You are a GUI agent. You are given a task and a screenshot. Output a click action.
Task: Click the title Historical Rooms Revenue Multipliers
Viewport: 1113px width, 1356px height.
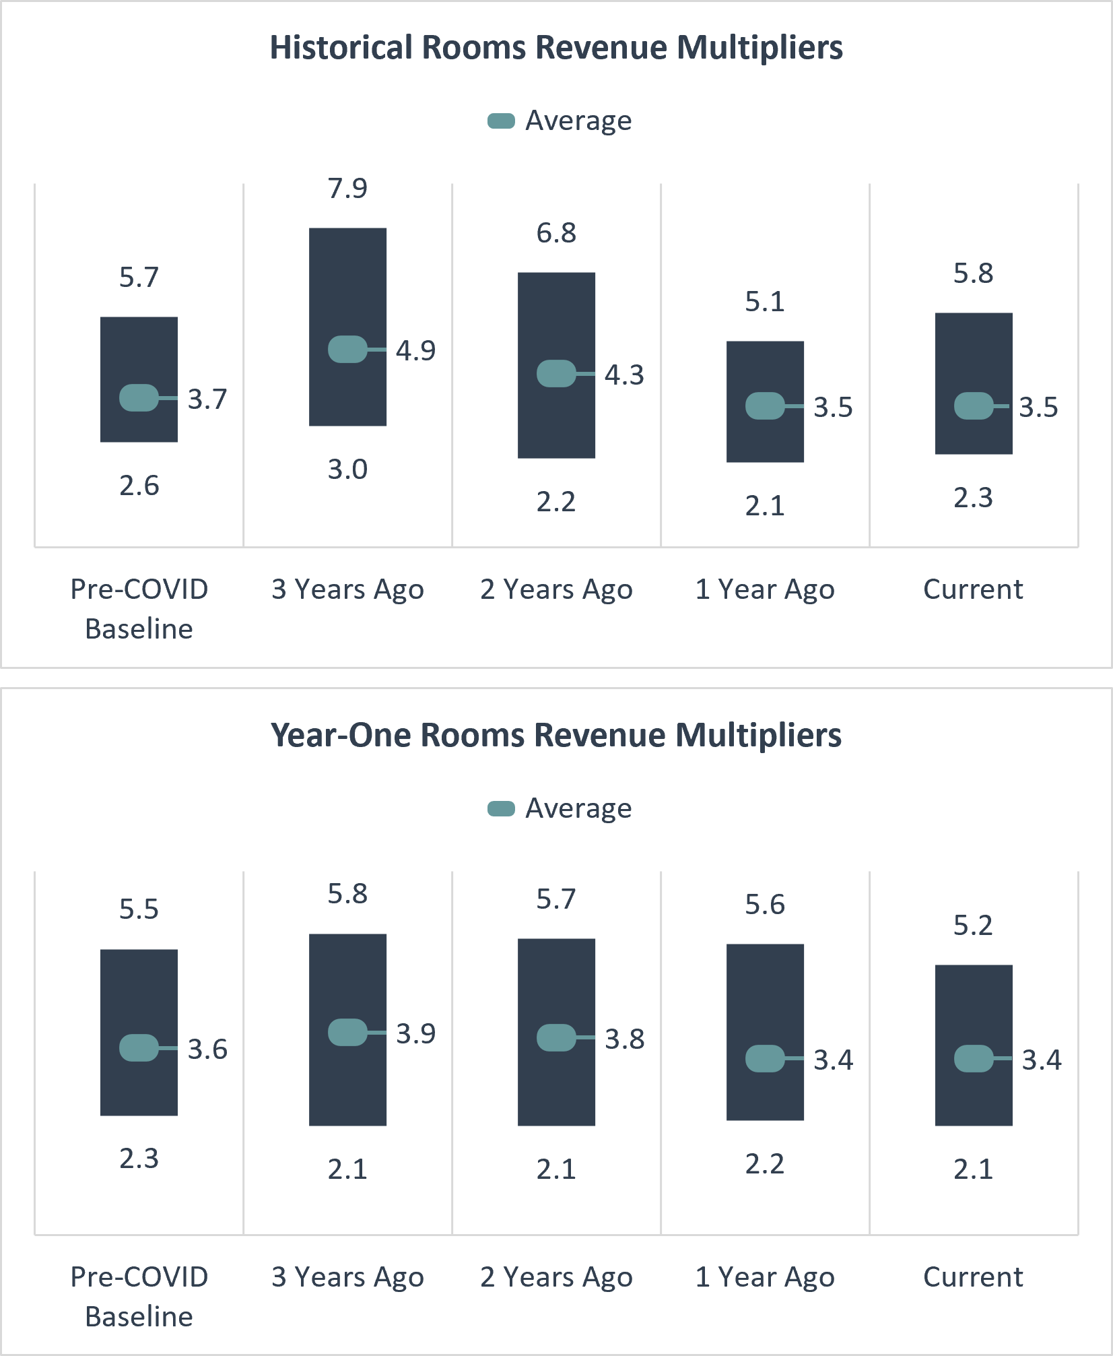(x=556, y=48)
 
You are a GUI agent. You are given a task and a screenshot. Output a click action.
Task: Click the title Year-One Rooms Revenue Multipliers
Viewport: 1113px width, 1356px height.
(x=556, y=735)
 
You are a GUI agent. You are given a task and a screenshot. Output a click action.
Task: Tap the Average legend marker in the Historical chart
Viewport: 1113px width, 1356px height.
(x=501, y=121)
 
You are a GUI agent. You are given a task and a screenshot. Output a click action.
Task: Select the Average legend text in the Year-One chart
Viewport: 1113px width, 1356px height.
(x=578, y=808)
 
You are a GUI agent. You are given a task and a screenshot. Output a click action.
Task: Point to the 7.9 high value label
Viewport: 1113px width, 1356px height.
(x=347, y=189)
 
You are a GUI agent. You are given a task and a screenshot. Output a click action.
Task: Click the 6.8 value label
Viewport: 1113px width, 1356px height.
(x=556, y=233)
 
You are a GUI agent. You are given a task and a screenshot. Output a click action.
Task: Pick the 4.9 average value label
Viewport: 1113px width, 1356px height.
(x=415, y=350)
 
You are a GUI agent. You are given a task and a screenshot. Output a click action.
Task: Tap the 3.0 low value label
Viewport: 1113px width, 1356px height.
(x=347, y=470)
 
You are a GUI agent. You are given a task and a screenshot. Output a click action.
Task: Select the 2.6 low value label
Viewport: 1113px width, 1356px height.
(x=139, y=486)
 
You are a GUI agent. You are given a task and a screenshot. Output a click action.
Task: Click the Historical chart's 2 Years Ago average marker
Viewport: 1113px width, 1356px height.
(x=556, y=374)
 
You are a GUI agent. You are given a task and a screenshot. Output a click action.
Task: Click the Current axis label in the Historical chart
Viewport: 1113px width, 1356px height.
(x=973, y=589)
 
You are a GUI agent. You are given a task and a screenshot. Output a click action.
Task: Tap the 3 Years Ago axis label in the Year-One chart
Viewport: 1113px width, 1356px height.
(x=347, y=1277)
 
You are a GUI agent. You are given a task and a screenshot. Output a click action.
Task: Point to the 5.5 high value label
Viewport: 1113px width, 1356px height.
(x=139, y=909)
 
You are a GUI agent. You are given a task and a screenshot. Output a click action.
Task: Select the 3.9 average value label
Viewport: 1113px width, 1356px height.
(x=415, y=1033)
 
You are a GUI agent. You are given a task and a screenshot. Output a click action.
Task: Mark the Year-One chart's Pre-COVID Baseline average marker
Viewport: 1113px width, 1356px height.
(x=139, y=1048)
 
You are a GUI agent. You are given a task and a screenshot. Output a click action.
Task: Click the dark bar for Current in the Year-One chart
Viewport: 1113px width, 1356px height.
(x=974, y=1091)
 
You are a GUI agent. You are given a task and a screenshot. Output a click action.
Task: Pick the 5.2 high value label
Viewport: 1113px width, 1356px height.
(x=973, y=926)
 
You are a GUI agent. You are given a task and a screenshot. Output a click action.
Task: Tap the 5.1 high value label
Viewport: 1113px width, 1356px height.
(x=765, y=302)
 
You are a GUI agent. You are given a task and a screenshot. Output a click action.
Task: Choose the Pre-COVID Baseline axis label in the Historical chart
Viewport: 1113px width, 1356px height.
(x=139, y=609)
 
